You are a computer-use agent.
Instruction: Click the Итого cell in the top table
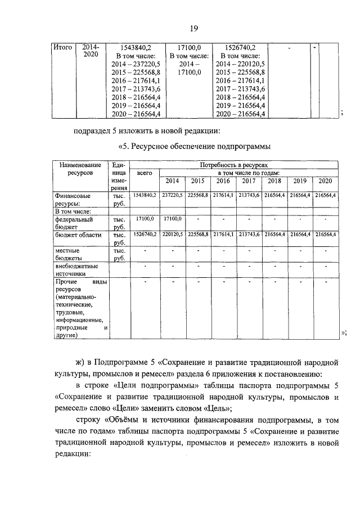pyautogui.click(x=62, y=48)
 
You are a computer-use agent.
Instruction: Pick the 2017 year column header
pyautogui.click(x=248, y=181)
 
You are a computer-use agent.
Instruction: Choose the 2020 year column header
pyautogui.click(x=325, y=181)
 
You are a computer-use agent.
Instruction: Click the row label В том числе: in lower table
pyautogui.click(x=70, y=211)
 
